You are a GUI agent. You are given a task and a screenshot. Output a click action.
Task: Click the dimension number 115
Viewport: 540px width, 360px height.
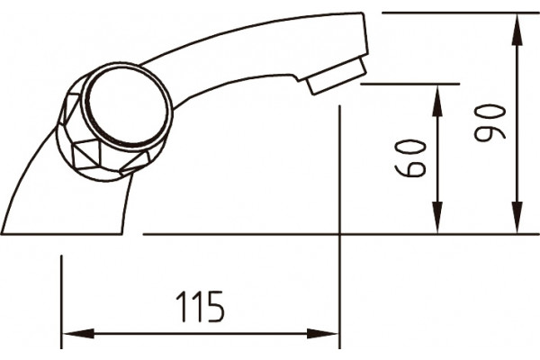pos(200,306)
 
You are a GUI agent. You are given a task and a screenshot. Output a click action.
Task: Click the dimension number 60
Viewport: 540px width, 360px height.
pos(410,157)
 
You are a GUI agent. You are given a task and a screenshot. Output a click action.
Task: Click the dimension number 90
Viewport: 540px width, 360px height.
pos(490,123)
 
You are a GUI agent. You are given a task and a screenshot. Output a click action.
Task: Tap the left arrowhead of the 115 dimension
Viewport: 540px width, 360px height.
pos(78,333)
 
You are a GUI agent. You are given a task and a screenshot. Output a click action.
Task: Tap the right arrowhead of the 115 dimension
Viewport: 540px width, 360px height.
pos(322,333)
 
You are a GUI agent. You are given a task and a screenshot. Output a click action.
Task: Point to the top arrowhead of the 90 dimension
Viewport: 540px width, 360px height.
pos(517,30)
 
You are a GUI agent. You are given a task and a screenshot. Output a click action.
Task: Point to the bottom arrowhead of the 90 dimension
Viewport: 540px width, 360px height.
pos(517,217)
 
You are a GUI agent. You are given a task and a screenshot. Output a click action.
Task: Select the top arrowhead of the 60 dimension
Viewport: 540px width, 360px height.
pos(437,101)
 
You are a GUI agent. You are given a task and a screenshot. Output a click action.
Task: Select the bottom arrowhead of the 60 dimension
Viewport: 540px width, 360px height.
pos(437,217)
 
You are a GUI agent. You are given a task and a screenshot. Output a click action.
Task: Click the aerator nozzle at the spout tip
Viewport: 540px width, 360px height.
pos(336,76)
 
